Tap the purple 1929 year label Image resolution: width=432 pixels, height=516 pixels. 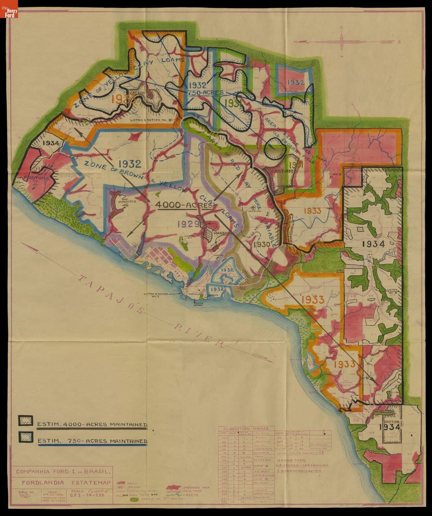[x=188, y=224]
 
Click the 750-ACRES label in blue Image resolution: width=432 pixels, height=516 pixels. [x=205, y=93]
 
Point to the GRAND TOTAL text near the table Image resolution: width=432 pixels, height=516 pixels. [x=292, y=461]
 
